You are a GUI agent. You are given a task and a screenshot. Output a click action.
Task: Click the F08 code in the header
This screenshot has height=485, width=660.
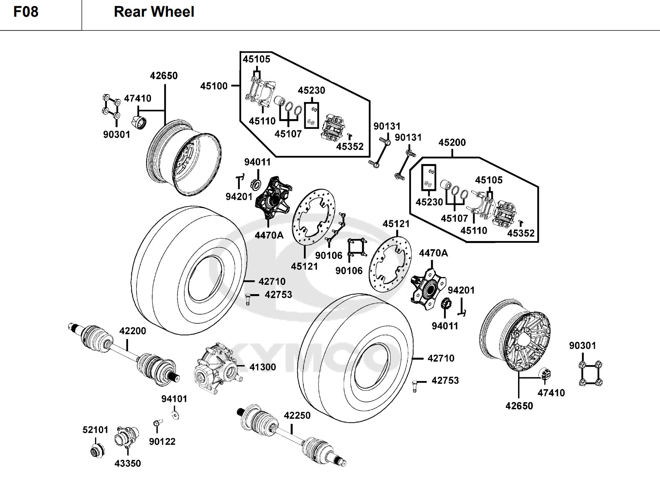pyautogui.click(x=26, y=12)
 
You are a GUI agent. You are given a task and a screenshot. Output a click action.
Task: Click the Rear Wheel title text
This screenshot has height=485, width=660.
pyautogui.click(x=154, y=12)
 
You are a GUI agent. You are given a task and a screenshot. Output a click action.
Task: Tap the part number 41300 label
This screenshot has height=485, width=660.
pyautogui.click(x=262, y=367)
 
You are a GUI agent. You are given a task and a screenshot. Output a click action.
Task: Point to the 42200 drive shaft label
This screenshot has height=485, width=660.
pyautogui.click(x=133, y=331)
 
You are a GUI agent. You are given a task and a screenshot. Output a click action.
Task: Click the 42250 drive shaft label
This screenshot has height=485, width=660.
pyautogui.click(x=297, y=416)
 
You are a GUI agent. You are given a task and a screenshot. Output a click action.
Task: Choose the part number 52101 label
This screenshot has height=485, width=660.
pyautogui.click(x=95, y=430)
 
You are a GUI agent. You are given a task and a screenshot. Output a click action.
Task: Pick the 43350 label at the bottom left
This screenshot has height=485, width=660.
pyautogui.click(x=128, y=463)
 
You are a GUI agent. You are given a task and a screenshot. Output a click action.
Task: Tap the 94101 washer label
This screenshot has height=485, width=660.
pyautogui.click(x=174, y=399)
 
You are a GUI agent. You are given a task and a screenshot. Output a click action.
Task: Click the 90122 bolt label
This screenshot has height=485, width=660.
pyautogui.click(x=162, y=441)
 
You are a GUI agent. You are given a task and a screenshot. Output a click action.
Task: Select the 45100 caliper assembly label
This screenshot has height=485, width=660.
pyautogui.click(x=214, y=86)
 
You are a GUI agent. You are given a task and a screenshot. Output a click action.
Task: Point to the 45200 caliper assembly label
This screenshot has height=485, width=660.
pyautogui.click(x=452, y=143)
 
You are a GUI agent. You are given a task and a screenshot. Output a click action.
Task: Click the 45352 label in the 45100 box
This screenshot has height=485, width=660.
pyautogui.click(x=350, y=146)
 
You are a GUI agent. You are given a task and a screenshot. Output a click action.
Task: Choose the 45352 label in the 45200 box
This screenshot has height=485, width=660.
pyautogui.click(x=520, y=233)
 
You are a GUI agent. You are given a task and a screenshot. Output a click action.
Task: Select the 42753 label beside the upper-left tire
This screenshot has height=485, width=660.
pyautogui.click(x=278, y=295)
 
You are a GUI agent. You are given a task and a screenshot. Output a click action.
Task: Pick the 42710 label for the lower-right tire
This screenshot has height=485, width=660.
pyautogui.click(x=441, y=359)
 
